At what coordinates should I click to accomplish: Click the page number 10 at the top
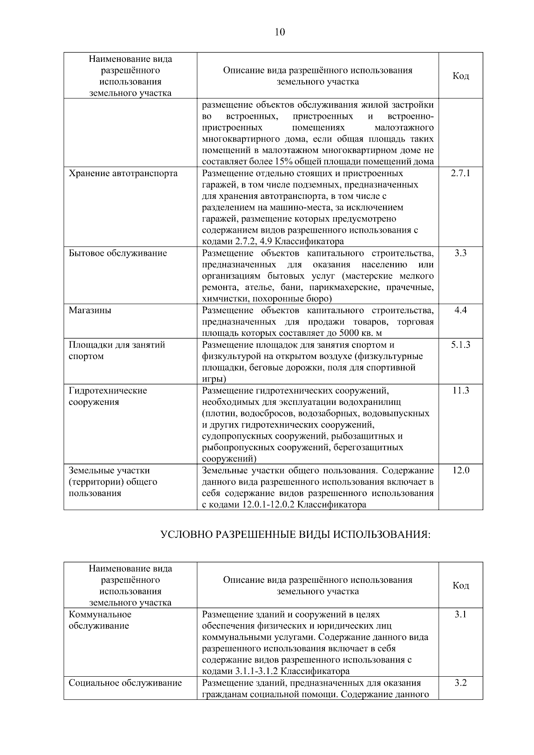click(x=280, y=32)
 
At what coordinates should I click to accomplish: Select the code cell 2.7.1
click(x=461, y=173)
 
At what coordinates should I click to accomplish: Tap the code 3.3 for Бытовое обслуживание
click(x=461, y=253)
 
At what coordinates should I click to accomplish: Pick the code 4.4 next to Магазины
click(x=461, y=310)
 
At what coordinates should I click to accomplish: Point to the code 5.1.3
click(x=461, y=345)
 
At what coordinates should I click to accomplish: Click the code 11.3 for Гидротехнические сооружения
click(x=461, y=391)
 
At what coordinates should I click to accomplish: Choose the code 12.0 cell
click(x=461, y=470)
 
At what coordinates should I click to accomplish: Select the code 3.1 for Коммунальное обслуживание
click(x=461, y=614)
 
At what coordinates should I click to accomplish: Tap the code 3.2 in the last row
click(x=461, y=683)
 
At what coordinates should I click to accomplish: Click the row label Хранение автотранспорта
click(x=123, y=173)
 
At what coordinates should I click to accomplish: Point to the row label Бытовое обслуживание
click(x=117, y=253)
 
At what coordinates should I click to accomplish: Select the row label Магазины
click(x=90, y=310)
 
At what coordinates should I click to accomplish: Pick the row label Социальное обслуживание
click(x=125, y=683)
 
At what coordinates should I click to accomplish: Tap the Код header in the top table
click(x=461, y=76)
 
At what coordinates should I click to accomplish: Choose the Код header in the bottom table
click(x=461, y=585)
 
